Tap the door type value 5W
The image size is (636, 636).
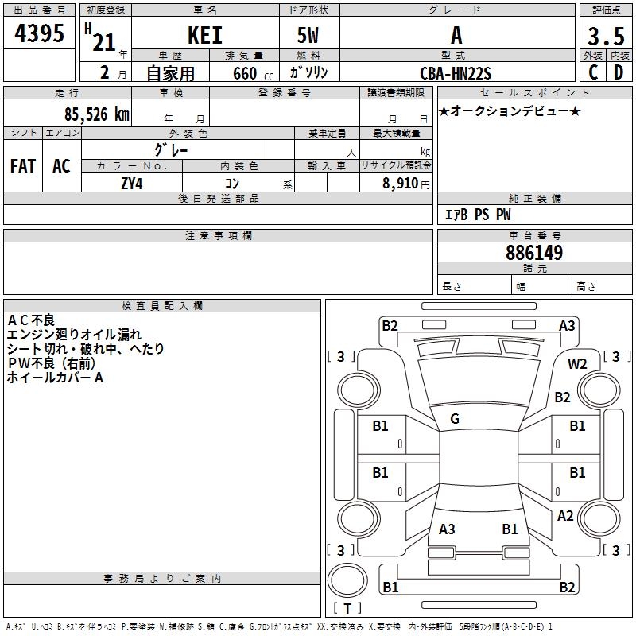point(309,36)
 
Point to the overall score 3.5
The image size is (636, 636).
point(604,37)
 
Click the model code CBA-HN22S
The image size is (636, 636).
point(456,74)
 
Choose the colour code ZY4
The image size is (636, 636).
point(132,184)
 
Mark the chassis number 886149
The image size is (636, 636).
point(534,253)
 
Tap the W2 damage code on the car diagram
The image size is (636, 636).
point(577,364)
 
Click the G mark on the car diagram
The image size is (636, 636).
point(455,419)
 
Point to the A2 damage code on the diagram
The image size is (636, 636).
point(565,516)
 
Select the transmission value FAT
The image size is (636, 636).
point(23,166)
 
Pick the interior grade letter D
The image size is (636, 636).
point(619,72)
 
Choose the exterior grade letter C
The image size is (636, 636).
point(592,72)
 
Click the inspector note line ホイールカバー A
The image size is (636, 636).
point(55,378)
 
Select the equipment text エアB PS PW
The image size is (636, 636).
point(477,215)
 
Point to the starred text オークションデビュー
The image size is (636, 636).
point(510,111)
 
